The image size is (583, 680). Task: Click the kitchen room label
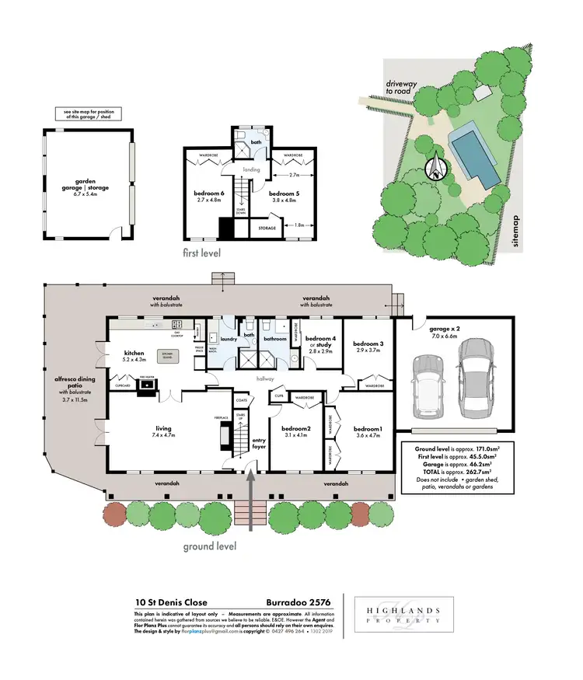[136, 357]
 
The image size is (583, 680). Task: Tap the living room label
[163, 429]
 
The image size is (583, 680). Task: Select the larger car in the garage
[475, 380]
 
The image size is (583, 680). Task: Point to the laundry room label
[228, 339]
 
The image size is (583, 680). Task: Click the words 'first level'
[203, 253]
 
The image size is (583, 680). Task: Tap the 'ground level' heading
[210, 546]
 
